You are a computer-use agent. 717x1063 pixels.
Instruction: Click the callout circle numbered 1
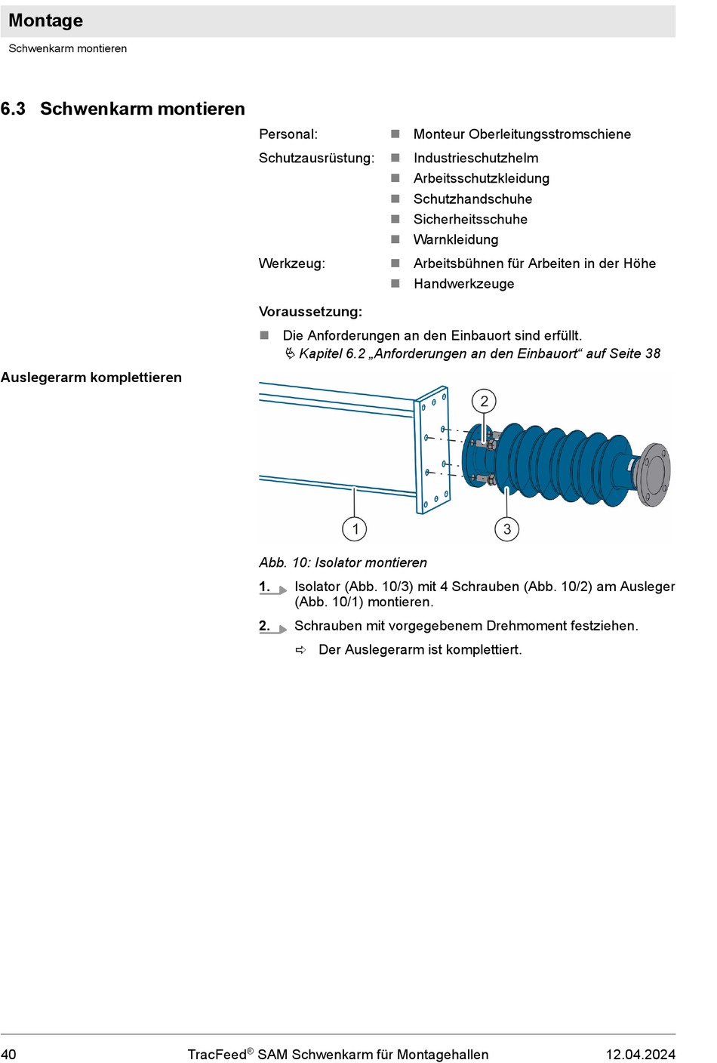tap(355, 528)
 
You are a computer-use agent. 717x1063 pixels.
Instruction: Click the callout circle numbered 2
tap(484, 402)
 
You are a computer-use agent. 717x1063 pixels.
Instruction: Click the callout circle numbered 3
tap(506, 528)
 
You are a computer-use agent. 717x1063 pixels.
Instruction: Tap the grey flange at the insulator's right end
tap(655, 475)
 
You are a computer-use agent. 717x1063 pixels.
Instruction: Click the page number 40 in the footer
tap(8, 1055)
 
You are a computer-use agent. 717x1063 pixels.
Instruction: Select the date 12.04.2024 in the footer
tap(641, 1055)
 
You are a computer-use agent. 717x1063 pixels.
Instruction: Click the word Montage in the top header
tap(45, 20)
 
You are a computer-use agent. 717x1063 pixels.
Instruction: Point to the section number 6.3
tap(13, 109)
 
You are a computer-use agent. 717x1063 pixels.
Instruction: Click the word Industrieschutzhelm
tap(476, 158)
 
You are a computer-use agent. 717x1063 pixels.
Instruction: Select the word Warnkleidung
tap(456, 239)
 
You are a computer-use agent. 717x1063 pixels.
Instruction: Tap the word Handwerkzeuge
tap(464, 284)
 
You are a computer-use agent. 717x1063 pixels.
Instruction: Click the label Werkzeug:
tap(292, 263)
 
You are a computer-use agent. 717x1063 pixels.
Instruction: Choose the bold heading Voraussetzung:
tap(310, 312)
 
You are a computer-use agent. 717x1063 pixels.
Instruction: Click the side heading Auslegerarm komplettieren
tap(91, 377)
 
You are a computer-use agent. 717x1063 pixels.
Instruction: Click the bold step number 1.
tap(264, 587)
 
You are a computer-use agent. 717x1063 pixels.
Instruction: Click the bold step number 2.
tap(264, 626)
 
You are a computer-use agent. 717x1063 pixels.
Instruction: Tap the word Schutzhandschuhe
tap(472, 199)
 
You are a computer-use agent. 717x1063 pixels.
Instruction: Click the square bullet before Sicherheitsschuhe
tap(395, 219)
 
